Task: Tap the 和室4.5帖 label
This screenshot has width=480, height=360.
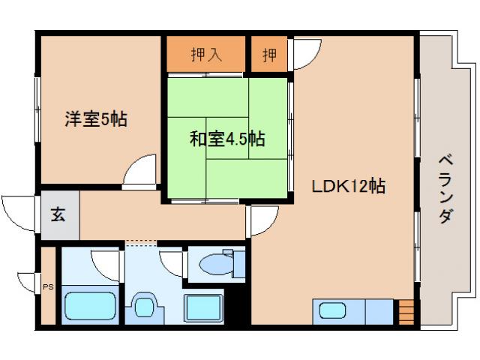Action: click(226, 139)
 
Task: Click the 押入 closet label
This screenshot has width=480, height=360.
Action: click(205, 55)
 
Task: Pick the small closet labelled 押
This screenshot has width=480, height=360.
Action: click(268, 55)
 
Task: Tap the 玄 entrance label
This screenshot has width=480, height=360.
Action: click(58, 215)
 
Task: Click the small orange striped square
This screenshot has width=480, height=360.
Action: click(405, 310)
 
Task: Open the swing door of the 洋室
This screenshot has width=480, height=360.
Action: click(140, 170)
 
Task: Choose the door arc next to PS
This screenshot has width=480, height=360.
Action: click(28, 280)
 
